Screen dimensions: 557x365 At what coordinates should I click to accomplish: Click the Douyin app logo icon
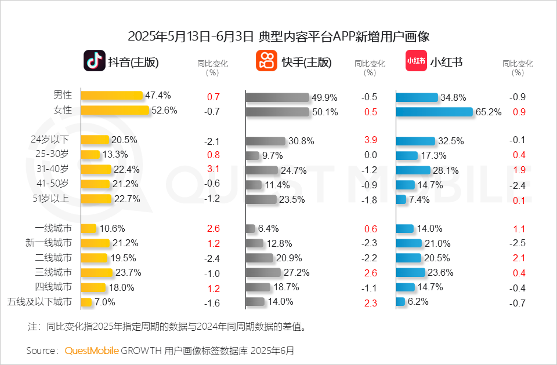(x=95, y=61)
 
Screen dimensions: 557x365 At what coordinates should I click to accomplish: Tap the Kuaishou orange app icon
(x=266, y=61)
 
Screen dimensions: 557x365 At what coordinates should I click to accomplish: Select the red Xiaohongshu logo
(x=416, y=61)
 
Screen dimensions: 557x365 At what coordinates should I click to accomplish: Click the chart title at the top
(x=278, y=36)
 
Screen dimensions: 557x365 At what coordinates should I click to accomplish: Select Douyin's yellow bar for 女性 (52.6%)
(x=115, y=110)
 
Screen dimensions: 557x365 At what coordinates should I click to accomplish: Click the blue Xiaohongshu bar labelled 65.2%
(x=435, y=112)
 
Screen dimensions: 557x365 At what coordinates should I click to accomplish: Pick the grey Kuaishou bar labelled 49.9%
(x=277, y=97)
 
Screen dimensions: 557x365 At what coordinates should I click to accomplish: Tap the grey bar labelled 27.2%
(x=263, y=272)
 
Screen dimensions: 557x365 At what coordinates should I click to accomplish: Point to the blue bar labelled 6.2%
(x=400, y=301)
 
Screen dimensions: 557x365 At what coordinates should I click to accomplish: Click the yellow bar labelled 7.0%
(x=86, y=302)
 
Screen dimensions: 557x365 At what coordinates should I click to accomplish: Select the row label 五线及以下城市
(x=39, y=302)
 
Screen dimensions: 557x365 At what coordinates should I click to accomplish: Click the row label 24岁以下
(x=50, y=140)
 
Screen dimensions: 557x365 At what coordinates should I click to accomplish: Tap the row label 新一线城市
(x=49, y=243)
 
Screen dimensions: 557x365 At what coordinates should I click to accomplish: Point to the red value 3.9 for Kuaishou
(x=371, y=140)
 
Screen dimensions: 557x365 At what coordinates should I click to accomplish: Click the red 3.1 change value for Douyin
(x=213, y=169)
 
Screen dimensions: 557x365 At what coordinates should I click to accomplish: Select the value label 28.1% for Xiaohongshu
(x=446, y=170)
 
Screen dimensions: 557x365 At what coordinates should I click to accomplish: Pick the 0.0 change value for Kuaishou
(x=371, y=155)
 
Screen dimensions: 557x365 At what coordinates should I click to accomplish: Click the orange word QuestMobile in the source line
(x=92, y=351)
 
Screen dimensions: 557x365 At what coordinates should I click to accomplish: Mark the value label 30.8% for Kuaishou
(x=301, y=141)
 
